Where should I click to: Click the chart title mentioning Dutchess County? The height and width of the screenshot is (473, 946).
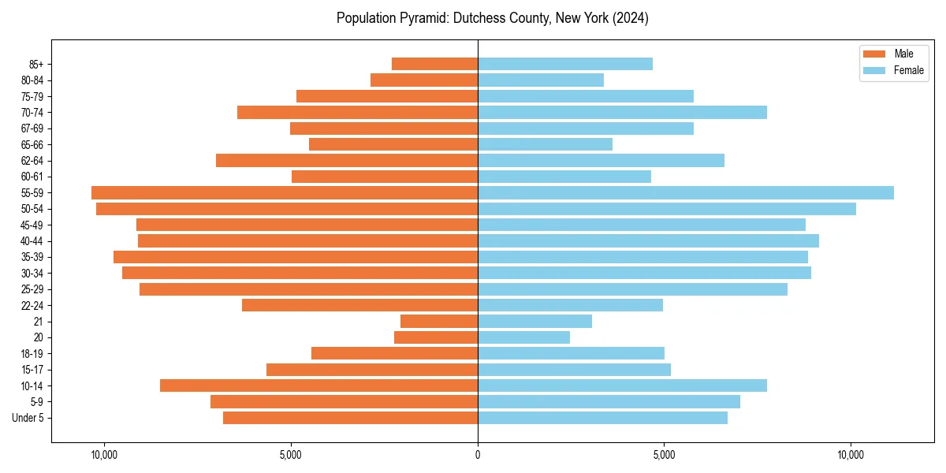tap(492, 18)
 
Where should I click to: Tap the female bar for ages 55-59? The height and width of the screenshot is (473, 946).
tap(685, 192)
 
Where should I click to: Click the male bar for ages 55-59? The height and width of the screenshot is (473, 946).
tap(285, 192)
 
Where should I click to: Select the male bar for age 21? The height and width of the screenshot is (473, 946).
tap(439, 321)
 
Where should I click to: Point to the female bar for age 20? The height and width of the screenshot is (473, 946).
tap(523, 337)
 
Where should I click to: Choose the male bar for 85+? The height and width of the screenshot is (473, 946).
tap(434, 64)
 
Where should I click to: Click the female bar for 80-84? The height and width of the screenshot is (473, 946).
tap(541, 80)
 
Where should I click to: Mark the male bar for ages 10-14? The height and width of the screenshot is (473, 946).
tap(318, 385)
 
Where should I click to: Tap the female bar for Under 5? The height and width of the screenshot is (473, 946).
tap(602, 418)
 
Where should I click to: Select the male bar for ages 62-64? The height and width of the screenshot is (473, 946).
tap(347, 160)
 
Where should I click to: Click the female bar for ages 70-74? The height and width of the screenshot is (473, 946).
tap(622, 112)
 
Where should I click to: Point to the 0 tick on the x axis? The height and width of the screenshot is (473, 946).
tap(478, 455)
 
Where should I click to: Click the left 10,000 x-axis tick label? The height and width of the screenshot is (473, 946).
tap(104, 455)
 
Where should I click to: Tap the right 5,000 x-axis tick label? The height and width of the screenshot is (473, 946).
tap(664, 455)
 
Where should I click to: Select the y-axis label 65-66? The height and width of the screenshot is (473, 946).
tap(32, 144)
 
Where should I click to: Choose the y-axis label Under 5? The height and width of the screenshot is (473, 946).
tap(28, 418)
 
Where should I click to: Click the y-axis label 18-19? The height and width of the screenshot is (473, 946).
tap(32, 353)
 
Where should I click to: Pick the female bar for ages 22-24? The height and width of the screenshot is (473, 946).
tap(570, 305)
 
